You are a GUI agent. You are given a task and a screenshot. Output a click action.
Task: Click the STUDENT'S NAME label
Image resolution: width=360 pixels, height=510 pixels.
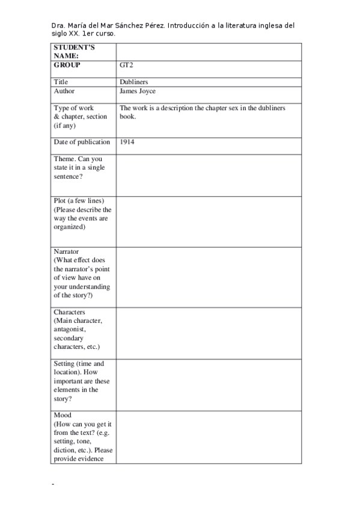click(74, 51)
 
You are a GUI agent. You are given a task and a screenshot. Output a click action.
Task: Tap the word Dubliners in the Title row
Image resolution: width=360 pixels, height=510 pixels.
click(133, 82)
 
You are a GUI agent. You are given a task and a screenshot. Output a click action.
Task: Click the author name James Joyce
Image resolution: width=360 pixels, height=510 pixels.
click(138, 91)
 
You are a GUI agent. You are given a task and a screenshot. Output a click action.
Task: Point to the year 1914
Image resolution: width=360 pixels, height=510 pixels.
click(126, 142)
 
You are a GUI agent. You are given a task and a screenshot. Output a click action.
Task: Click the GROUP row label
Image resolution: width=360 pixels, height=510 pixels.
click(67, 65)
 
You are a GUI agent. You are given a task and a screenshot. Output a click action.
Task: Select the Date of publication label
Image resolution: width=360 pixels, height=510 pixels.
click(82, 142)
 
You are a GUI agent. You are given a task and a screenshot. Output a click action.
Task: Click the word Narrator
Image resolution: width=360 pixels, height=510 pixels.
click(66, 251)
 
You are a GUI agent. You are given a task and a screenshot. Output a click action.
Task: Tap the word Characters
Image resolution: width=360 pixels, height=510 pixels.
click(69, 313)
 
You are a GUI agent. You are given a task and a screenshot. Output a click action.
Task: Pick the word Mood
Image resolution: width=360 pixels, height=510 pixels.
click(63, 416)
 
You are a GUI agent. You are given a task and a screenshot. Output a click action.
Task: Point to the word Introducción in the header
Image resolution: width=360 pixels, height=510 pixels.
click(188, 26)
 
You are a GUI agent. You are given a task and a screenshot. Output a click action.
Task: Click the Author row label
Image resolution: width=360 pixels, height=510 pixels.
click(64, 91)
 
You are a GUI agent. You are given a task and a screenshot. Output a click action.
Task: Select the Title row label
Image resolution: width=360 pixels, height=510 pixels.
click(61, 82)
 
